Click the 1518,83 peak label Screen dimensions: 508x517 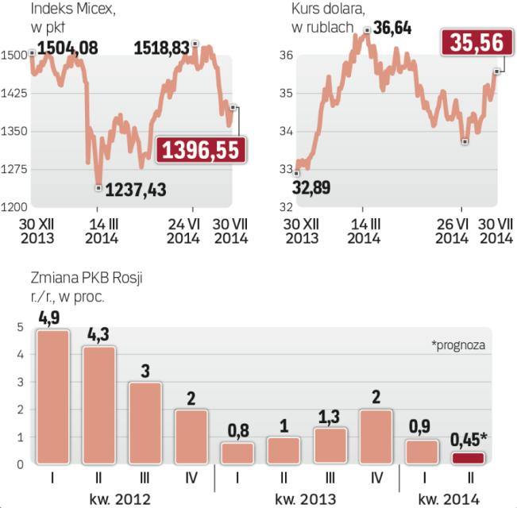click(x=162, y=48)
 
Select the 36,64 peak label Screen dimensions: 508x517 click(x=394, y=28)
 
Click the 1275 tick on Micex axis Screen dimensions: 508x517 click(x=15, y=169)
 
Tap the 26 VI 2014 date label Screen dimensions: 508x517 click(x=452, y=231)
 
